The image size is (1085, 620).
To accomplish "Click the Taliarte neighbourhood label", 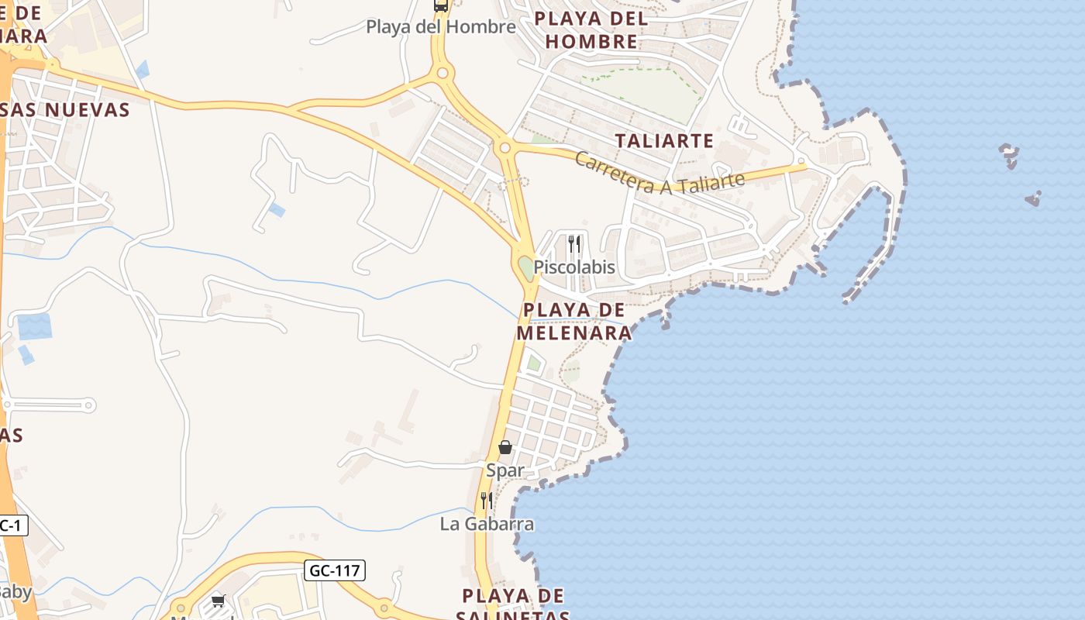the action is click(663, 140).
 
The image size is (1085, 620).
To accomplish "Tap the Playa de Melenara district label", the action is click(574, 322).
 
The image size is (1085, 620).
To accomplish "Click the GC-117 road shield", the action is click(334, 571).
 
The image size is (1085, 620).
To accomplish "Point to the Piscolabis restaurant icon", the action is click(574, 244).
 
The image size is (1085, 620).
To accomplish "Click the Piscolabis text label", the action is click(574, 267).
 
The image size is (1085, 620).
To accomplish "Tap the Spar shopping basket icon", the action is click(505, 447).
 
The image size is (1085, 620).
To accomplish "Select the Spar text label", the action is click(505, 470).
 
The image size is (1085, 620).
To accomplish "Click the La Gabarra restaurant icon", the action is click(487, 500).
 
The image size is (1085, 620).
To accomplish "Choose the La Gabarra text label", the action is click(487, 525).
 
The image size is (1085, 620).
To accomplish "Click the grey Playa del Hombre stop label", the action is click(441, 27).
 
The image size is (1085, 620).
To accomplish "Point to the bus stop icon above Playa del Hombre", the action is click(441, 6).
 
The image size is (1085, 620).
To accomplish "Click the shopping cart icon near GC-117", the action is click(218, 601).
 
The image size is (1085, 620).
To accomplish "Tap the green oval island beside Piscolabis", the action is click(526, 268).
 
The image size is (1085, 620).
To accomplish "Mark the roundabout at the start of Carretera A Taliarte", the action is click(505, 146).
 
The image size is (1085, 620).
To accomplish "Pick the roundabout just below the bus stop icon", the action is click(443, 74).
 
